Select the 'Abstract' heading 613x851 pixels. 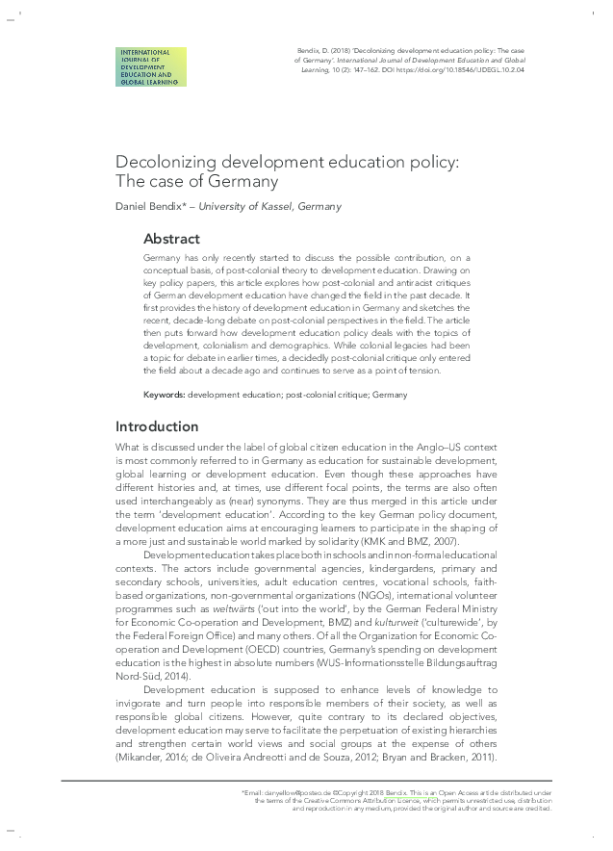(171, 239)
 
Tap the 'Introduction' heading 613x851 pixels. (157, 426)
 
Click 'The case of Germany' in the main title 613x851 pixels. (196, 181)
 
